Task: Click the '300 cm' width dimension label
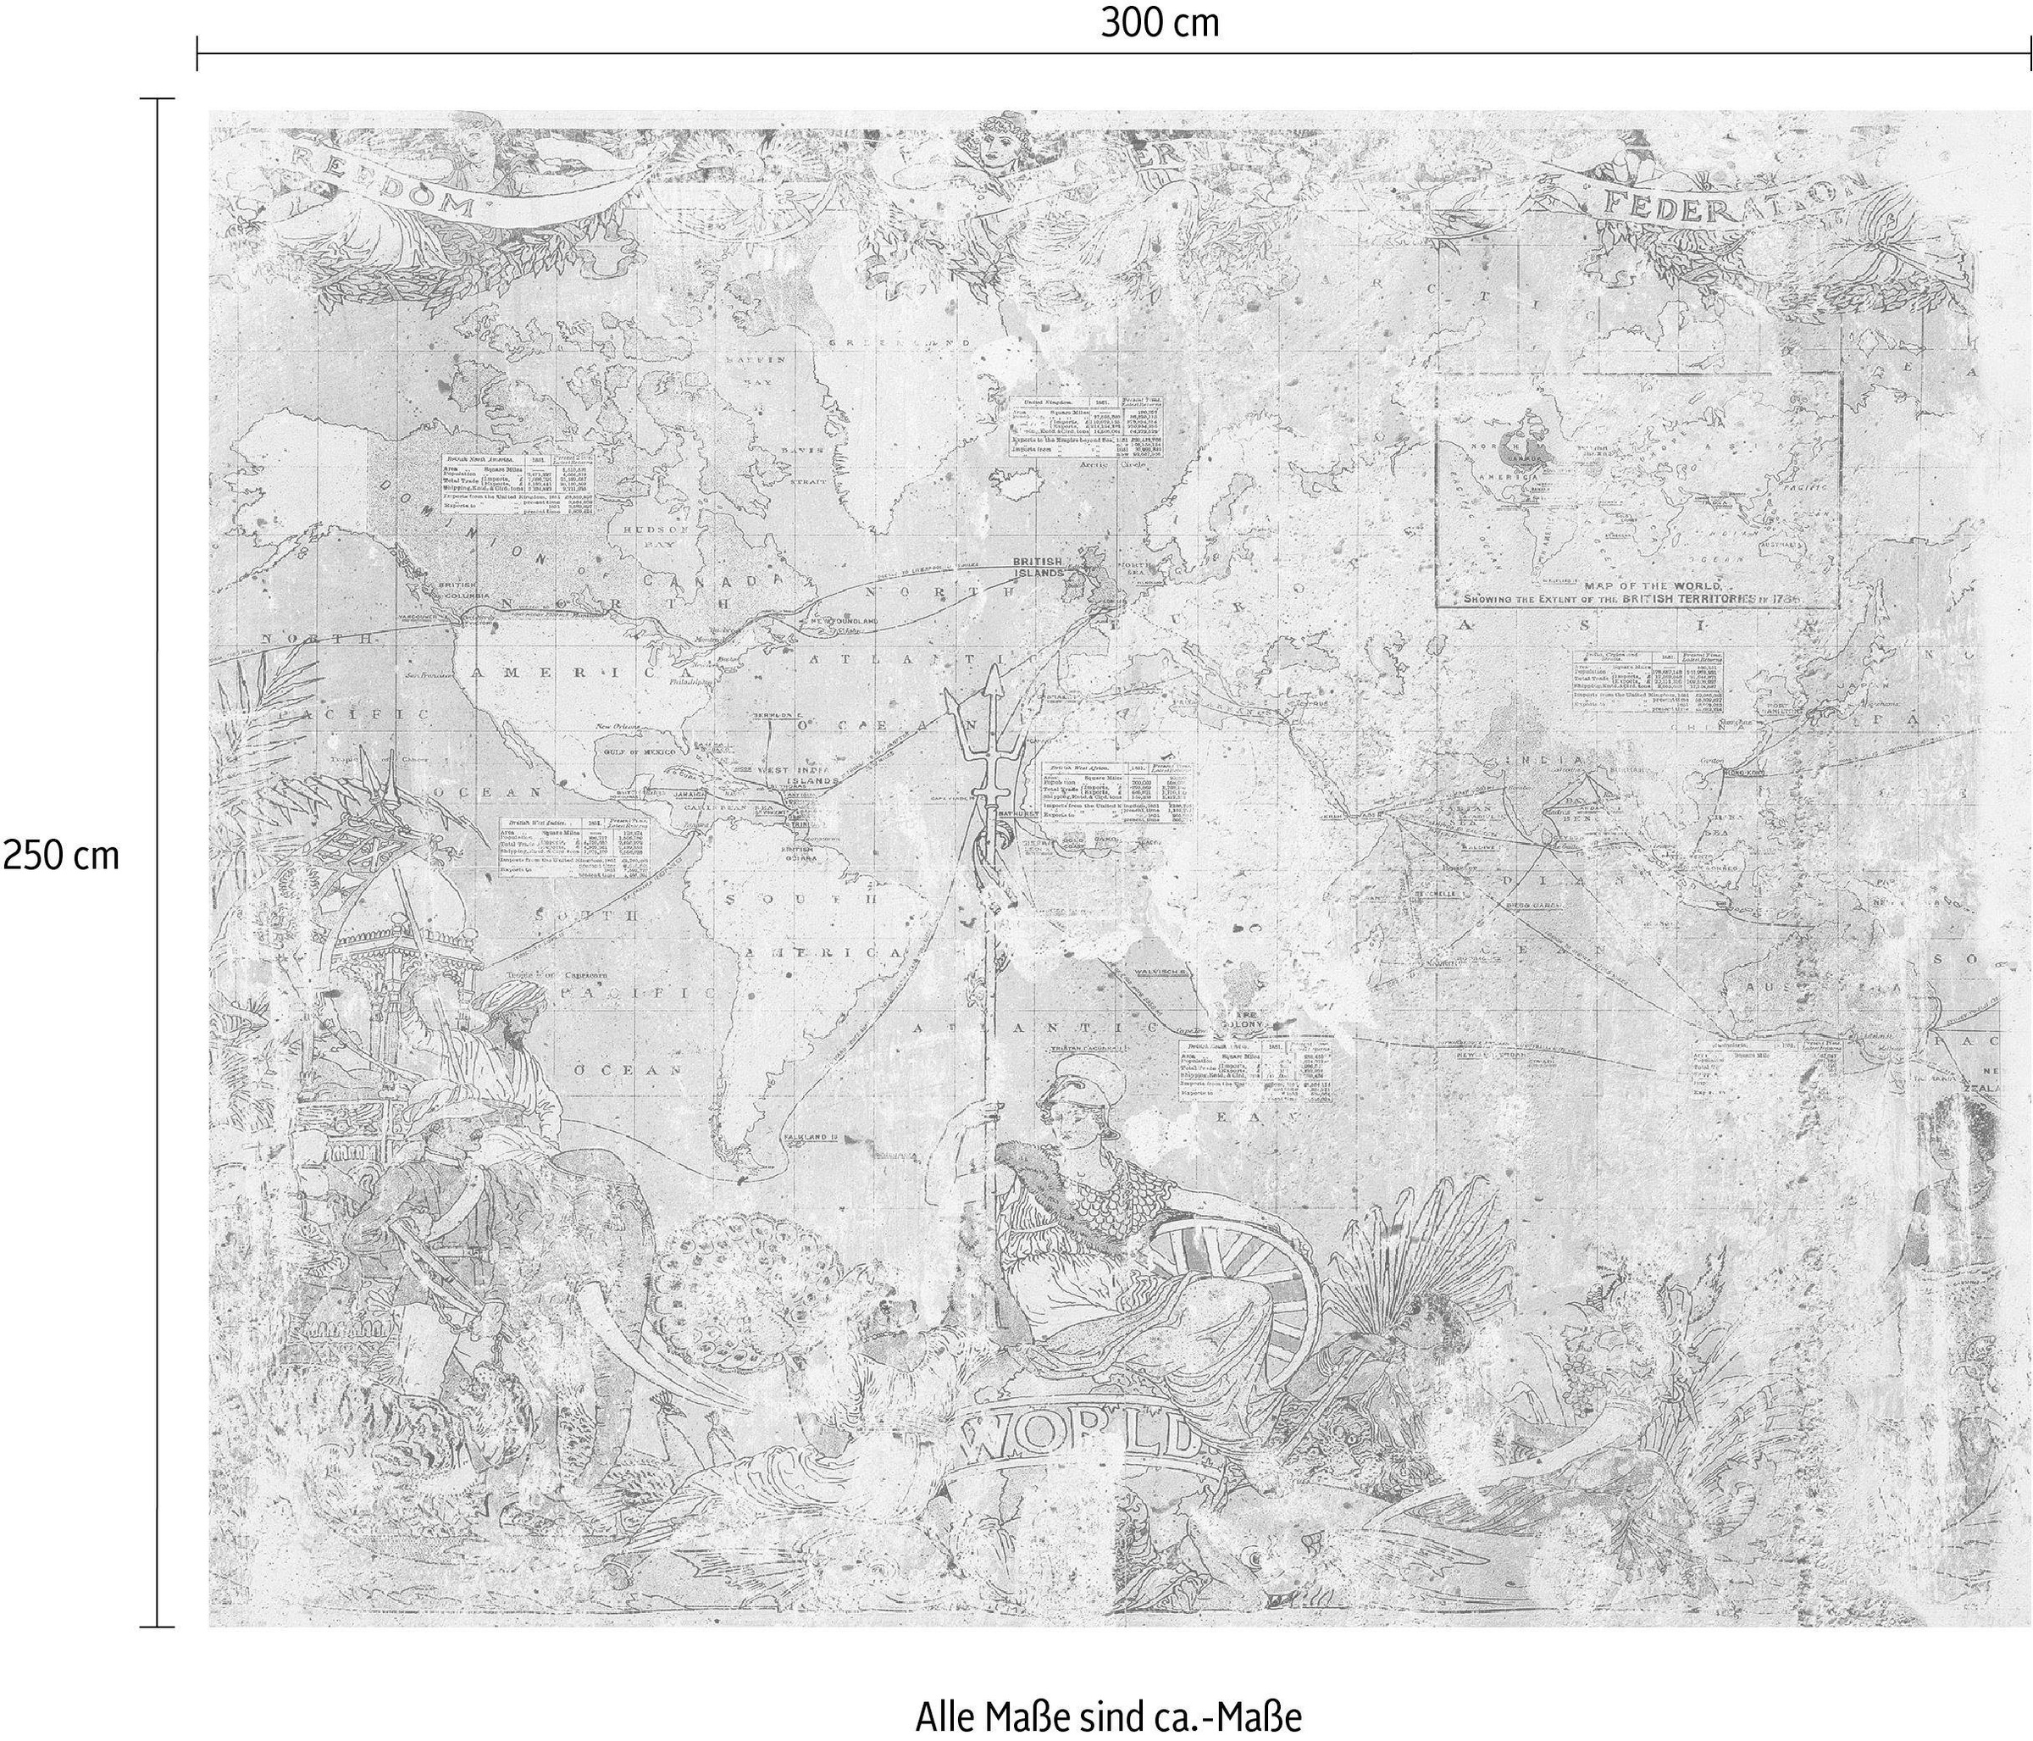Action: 1160,23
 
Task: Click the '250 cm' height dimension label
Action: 60,856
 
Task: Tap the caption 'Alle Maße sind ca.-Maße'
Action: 1109,1691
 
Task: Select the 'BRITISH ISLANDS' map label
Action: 1038,566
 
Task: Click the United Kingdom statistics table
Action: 1087,428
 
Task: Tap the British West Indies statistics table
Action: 574,846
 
